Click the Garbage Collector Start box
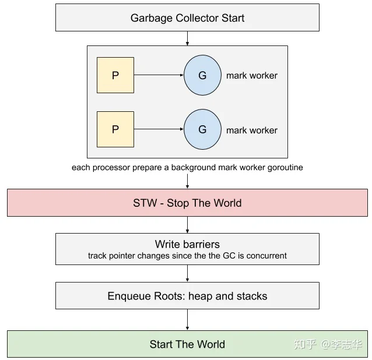coord(187,17)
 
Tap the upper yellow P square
coord(115,75)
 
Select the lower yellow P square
coord(115,129)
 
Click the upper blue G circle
coord(202,75)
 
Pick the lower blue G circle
coord(202,129)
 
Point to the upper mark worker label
coord(252,76)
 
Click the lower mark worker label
coord(252,130)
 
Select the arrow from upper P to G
coord(159,75)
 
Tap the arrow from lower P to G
coord(159,129)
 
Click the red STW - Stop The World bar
coord(187,203)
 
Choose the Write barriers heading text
coord(187,244)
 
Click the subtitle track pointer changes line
coord(187,256)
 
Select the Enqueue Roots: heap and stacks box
coord(187,296)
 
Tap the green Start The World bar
coord(187,344)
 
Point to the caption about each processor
coord(187,168)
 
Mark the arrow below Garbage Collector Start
coord(187,38)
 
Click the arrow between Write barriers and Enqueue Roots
coord(187,273)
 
